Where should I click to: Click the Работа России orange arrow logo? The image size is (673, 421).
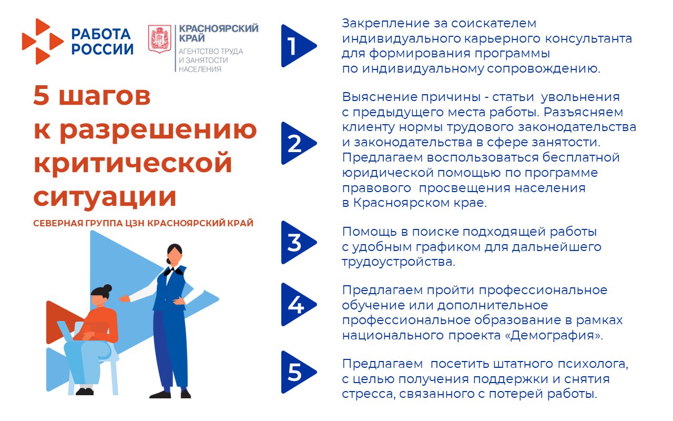[x=42, y=41]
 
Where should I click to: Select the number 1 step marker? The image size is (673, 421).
[x=297, y=46]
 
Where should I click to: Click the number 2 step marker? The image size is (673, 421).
[x=297, y=143]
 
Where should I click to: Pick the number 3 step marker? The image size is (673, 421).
[x=297, y=243]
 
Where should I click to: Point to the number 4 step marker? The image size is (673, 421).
[x=297, y=305]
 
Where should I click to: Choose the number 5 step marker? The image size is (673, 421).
[x=297, y=372]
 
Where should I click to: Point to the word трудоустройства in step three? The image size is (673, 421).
[x=398, y=262]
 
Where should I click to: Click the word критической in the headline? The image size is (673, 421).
[x=132, y=162]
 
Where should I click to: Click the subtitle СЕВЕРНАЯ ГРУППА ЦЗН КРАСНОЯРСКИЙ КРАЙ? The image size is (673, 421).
[x=143, y=223]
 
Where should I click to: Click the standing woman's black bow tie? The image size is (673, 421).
[x=169, y=272]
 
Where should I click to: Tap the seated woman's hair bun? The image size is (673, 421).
[x=107, y=288]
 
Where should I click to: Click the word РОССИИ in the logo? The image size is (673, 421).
[x=103, y=49]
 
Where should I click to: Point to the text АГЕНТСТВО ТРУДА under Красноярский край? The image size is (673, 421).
[x=211, y=52]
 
